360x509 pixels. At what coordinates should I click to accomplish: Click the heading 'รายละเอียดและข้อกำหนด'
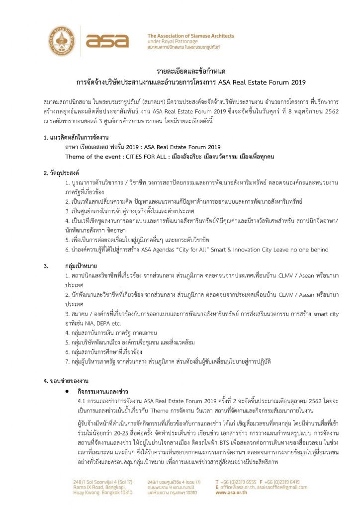(180, 72)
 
